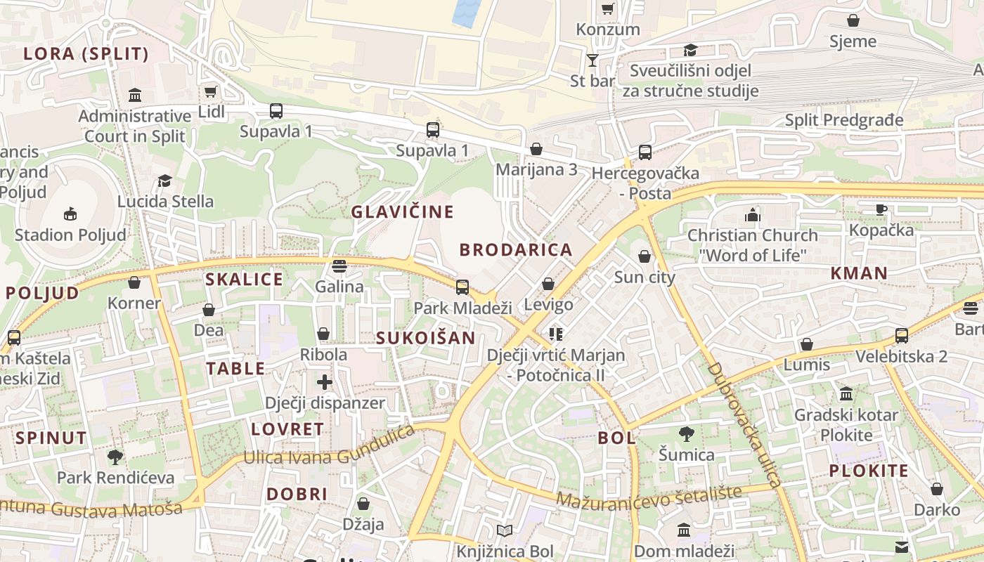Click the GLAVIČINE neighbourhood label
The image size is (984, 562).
click(403, 211)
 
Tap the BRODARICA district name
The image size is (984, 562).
click(516, 249)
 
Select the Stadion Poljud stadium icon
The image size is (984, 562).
click(70, 214)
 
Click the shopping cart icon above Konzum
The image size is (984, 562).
click(607, 9)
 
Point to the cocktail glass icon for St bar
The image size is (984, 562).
click(593, 60)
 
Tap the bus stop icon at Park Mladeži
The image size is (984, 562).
click(462, 287)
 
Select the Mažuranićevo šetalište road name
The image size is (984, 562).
click(649, 495)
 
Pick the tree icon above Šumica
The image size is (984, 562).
click(687, 433)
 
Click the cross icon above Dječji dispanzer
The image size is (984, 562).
click(324, 382)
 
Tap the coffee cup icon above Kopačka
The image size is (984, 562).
click(881, 209)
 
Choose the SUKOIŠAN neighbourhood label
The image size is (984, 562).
click(425, 338)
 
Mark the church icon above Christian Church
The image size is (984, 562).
click(753, 214)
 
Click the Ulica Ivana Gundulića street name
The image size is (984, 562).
click(329, 447)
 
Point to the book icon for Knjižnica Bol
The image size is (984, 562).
click(505, 530)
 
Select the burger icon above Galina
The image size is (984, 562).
click(339, 266)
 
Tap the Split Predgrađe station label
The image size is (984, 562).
click(843, 120)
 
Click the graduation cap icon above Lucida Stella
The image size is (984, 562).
click(164, 181)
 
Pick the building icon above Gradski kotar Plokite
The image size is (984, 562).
click(846, 394)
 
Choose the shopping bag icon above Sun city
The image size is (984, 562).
click(644, 256)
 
